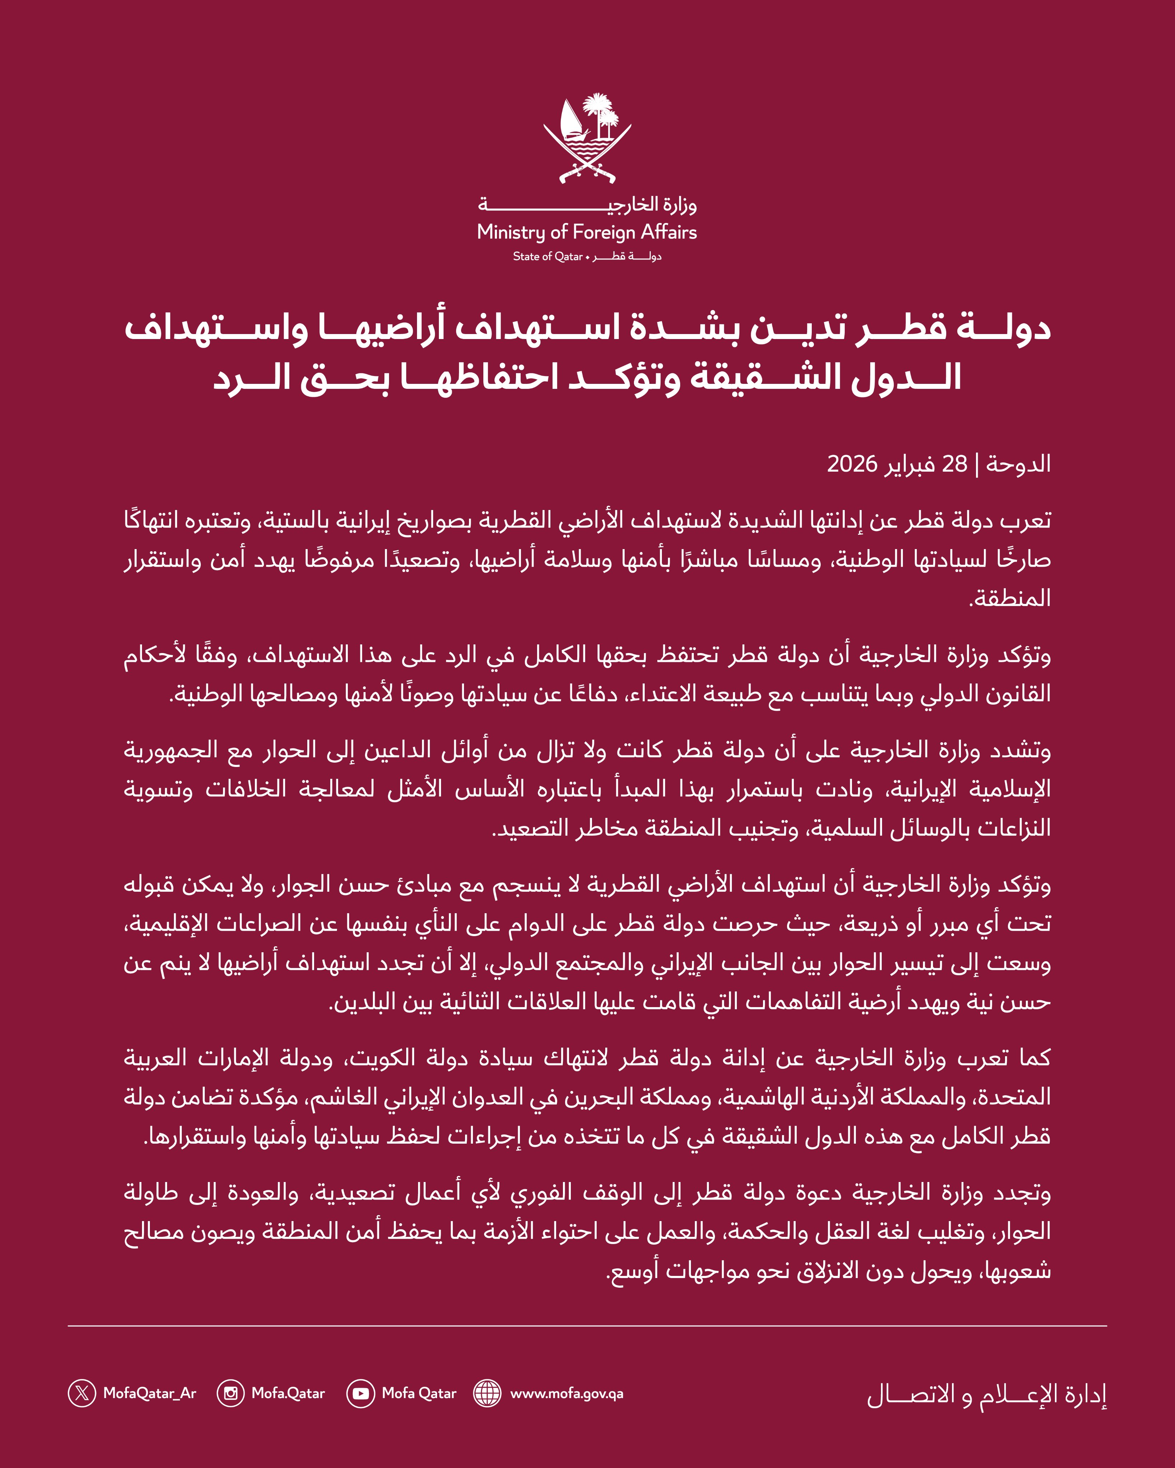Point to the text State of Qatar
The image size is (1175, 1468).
pyautogui.click(x=548, y=257)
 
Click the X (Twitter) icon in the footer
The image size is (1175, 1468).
pyautogui.click(x=82, y=1393)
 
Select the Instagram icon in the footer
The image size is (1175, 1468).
pyautogui.click(x=230, y=1393)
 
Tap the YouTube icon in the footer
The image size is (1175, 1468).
pyautogui.click(x=360, y=1393)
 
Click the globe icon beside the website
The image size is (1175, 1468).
pyautogui.click(x=487, y=1393)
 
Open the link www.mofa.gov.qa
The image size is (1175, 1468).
pyautogui.click(x=567, y=1393)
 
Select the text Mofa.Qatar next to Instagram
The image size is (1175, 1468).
pyautogui.click(x=288, y=1393)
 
